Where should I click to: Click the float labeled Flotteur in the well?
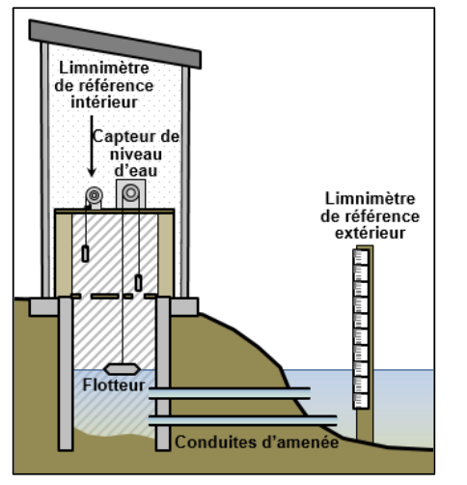tap(122, 369)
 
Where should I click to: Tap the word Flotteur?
tap(114, 385)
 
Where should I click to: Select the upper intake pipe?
tap(230, 393)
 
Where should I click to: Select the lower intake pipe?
tap(243, 420)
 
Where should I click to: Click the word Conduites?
tap(216, 442)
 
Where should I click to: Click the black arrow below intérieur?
tap(92, 146)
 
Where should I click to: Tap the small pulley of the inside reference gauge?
tap(95, 195)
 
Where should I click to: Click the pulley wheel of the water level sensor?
tap(130, 193)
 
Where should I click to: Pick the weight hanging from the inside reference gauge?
tap(85, 253)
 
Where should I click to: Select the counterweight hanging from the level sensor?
tap(138, 283)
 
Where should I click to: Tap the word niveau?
tap(136, 155)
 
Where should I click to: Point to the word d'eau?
tap(136, 170)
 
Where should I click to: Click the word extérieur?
tap(370, 233)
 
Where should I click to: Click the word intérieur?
tap(104, 102)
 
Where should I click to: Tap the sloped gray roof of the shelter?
tap(115, 44)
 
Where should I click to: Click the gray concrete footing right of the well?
tap(184, 306)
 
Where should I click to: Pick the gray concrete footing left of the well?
tap(44, 307)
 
